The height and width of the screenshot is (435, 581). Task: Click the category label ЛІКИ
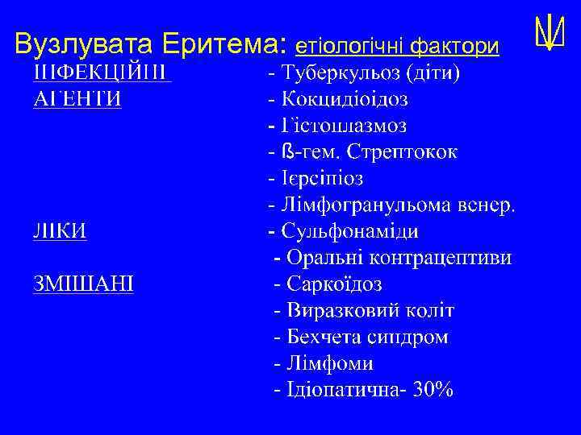tap(61, 231)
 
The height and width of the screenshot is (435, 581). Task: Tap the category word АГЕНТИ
tap(77, 100)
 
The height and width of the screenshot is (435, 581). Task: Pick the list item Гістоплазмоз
tap(345, 126)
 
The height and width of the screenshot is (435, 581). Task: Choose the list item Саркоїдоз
tap(335, 284)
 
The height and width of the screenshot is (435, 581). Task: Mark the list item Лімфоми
tap(325, 363)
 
